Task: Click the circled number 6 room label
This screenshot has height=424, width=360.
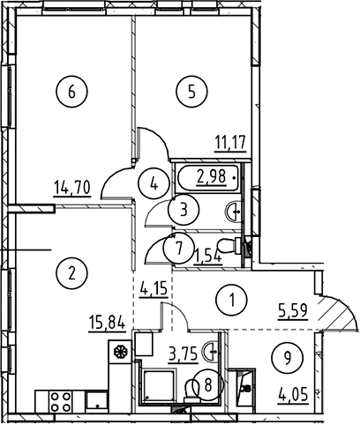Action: [71, 92]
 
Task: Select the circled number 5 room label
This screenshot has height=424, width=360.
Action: [191, 92]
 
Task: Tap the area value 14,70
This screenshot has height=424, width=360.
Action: [71, 189]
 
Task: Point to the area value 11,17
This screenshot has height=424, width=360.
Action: [230, 144]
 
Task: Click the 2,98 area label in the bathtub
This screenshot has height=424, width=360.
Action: [212, 177]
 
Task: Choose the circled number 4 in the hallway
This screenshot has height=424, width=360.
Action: [154, 184]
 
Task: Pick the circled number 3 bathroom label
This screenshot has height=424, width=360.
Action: [184, 211]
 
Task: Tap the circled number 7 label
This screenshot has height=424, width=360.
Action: [179, 249]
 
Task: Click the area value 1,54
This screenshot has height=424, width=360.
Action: [207, 257]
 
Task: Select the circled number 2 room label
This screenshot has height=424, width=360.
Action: [71, 273]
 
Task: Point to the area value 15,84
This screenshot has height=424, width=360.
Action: [107, 323]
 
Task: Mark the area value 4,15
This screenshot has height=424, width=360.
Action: [153, 290]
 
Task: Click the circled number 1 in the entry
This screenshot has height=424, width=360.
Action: [231, 301]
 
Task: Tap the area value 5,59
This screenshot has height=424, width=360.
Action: [293, 311]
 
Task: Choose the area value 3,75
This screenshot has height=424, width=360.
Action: [183, 355]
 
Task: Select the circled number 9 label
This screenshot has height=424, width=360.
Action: [288, 357]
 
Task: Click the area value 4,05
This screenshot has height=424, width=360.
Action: [294, 394]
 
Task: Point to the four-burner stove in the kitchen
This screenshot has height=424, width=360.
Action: [61, 402]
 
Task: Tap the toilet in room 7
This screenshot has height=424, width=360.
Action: [229, 246]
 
